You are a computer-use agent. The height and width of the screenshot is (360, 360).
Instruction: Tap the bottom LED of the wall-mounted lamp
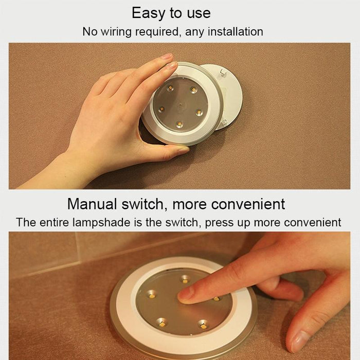pos(178,124)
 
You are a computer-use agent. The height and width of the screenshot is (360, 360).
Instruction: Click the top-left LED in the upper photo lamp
pos(170,88)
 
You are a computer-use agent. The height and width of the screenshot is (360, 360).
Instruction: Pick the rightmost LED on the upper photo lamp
pos(199,113)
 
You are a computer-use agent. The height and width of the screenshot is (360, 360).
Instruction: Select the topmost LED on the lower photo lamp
pos(185,279)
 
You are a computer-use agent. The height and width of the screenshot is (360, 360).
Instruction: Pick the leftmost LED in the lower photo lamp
pos(151,295)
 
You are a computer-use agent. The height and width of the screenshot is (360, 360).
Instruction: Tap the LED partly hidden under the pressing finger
pos(217,298)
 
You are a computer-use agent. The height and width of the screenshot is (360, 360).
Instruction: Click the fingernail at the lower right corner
pos(298,342)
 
